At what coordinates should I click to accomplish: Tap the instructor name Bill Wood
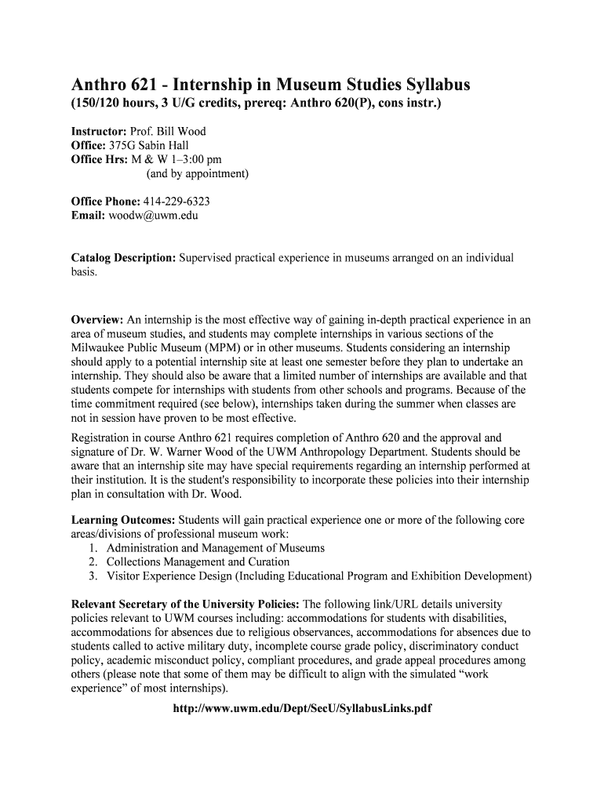[x=182, y=131]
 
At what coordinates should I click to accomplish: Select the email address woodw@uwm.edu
[x=154, y=216]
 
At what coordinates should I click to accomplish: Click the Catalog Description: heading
[x=124, y=258]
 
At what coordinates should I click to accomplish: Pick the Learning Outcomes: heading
[x=124, y=520]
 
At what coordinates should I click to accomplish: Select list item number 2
[x=93, y=562]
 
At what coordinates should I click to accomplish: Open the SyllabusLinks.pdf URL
[x=302, y=708]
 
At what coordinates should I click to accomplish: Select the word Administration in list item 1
[x=144, y=548]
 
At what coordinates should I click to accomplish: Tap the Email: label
[x=88, y=216]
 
